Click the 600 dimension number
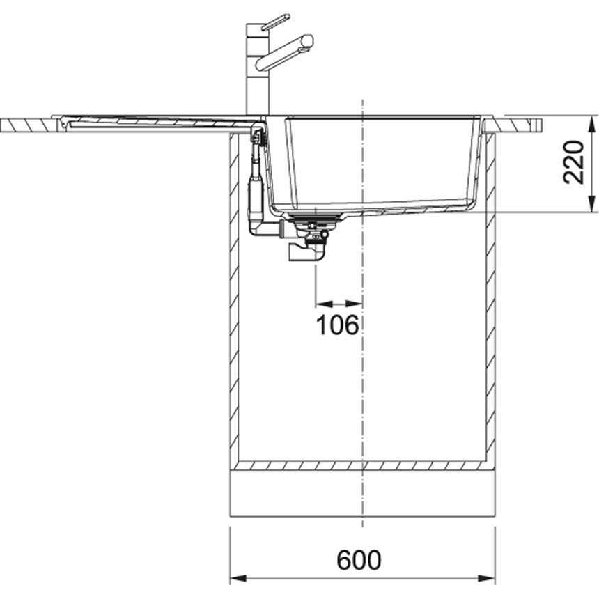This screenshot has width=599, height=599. point(359,560)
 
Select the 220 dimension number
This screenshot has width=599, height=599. point(573,162)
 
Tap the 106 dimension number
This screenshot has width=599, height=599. point(338,325)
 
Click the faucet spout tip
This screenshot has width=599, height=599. point(308,41)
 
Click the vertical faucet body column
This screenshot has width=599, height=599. point(258,69)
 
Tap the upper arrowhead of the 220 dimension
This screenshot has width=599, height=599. point(592,123)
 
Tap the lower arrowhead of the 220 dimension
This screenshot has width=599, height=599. point(592,203)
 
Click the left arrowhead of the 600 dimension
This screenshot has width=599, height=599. point(238,578)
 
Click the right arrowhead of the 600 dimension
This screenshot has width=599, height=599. point(486,578)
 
